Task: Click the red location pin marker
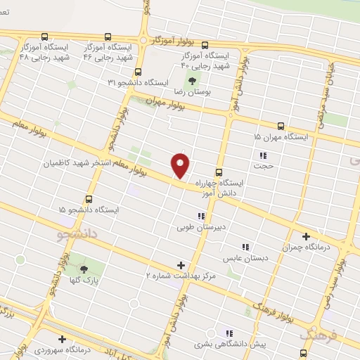coord(181,165)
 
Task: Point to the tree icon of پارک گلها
coord(84,269)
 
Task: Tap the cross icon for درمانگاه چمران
coord(305,237)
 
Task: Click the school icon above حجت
coord(263,155)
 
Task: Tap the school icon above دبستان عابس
coord(245,247)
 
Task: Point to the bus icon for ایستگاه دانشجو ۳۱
coord(137,72)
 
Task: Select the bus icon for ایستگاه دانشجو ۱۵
coord(89,199)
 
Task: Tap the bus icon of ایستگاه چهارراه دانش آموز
coord(219,172)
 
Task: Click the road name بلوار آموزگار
coord(184,43)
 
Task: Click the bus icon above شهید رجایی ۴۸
coord(45,37)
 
